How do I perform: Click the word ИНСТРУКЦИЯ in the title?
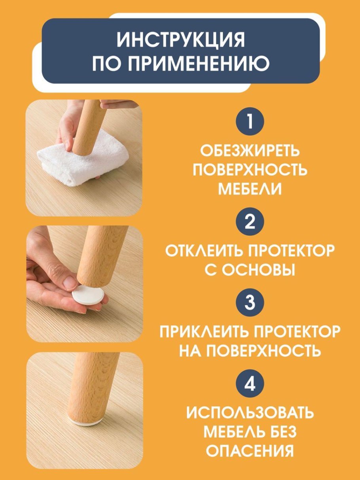[181, 40]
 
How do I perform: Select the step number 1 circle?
[250, 122]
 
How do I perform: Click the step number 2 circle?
[250, 222]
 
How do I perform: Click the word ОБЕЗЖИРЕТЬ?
[250, 151]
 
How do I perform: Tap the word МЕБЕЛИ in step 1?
[250, 189]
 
